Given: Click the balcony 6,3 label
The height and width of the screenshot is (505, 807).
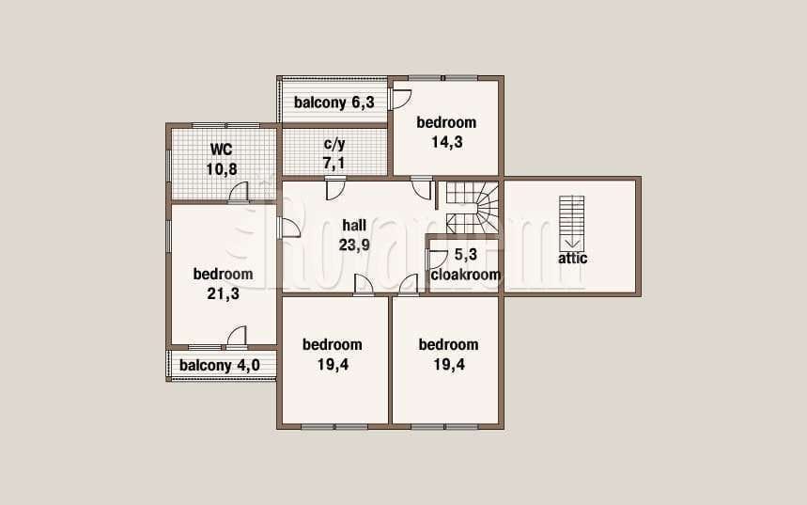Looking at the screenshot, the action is pos(334,103).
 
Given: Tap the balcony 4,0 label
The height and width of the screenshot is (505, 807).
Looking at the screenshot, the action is pos(220,366).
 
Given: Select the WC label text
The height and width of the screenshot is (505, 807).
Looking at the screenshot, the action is pos(222,150).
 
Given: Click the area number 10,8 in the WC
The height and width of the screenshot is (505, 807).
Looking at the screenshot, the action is pos(222,169).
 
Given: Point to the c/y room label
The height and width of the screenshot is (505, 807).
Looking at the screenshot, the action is pos(334,144).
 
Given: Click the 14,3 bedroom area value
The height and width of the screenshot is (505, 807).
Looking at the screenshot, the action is pos(447,142).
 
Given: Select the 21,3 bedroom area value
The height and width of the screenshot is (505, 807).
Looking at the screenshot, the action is pos(223,293).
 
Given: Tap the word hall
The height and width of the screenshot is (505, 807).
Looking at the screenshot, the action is pos(354,225).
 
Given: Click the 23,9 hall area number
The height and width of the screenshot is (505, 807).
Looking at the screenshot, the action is pos(354,245).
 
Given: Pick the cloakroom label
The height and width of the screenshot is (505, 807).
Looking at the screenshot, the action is pos(466,275).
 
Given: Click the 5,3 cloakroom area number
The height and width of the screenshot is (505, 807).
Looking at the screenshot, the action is pos(466,255).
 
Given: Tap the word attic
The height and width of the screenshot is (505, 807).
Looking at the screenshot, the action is pos(573,258).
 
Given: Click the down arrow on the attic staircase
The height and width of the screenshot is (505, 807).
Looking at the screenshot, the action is pos(572,244).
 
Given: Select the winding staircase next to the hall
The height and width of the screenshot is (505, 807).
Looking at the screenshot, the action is pos(472,207).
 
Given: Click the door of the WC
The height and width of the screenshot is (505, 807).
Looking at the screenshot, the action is pos(239,192).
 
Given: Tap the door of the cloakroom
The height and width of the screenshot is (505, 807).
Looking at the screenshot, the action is pos(438,260).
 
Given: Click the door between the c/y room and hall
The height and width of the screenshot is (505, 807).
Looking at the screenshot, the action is pos(335,188).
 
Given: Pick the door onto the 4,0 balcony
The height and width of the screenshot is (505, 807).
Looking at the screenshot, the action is pos(237,337).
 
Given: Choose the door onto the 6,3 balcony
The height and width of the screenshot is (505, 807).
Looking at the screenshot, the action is pos(400,99).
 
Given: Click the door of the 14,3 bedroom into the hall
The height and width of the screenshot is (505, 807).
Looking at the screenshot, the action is pos(421,187).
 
